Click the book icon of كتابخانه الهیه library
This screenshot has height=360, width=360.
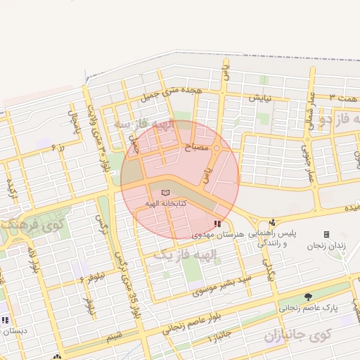point(166,192)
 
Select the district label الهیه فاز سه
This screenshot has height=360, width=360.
point(143,124)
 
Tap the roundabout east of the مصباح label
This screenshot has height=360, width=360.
point(217,148)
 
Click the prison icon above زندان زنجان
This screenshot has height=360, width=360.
point(326,234)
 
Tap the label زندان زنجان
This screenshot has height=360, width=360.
point(325,246)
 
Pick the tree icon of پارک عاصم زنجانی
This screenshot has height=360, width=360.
point(308,297)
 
